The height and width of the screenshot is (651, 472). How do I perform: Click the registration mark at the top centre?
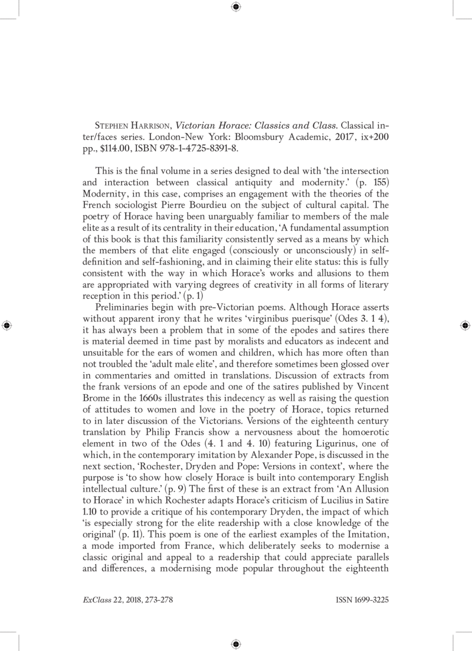(x=235, y=7)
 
